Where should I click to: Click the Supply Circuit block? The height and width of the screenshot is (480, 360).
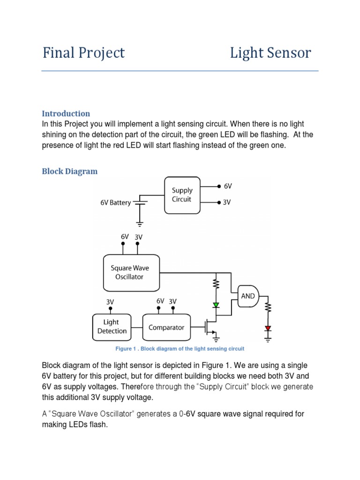[182, 195]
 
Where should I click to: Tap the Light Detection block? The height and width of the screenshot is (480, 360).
[112, 327]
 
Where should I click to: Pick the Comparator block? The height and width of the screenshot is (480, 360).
[166, 328]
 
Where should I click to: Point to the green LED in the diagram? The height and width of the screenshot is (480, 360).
[216, 305]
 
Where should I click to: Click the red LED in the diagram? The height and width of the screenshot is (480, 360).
[268, 328]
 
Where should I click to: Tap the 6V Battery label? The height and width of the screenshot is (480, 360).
[116, 203]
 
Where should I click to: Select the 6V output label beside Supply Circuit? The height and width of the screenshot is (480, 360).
[228, 186]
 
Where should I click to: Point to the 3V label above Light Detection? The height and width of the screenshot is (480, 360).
[110, 302]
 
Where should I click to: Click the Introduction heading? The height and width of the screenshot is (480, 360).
[66, 113]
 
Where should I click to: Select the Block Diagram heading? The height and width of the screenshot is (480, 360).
[70, 171]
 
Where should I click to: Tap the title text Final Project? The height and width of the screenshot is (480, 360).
[83, 53]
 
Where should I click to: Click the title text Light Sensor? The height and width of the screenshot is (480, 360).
[270, 53]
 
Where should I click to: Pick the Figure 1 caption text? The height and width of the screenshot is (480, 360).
[180, 349]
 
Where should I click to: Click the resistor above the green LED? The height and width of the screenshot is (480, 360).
[216, 284]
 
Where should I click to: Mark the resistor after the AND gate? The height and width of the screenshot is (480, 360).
[268, 308]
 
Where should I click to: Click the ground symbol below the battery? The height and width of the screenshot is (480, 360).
[139, 224]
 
